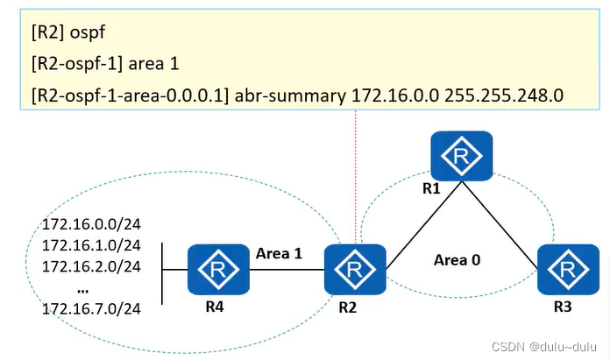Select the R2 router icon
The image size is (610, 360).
pos(355,270)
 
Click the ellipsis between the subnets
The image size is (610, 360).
pos(82,287)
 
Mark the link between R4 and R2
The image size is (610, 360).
pos(287,270)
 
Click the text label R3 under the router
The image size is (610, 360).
pos(562,308)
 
